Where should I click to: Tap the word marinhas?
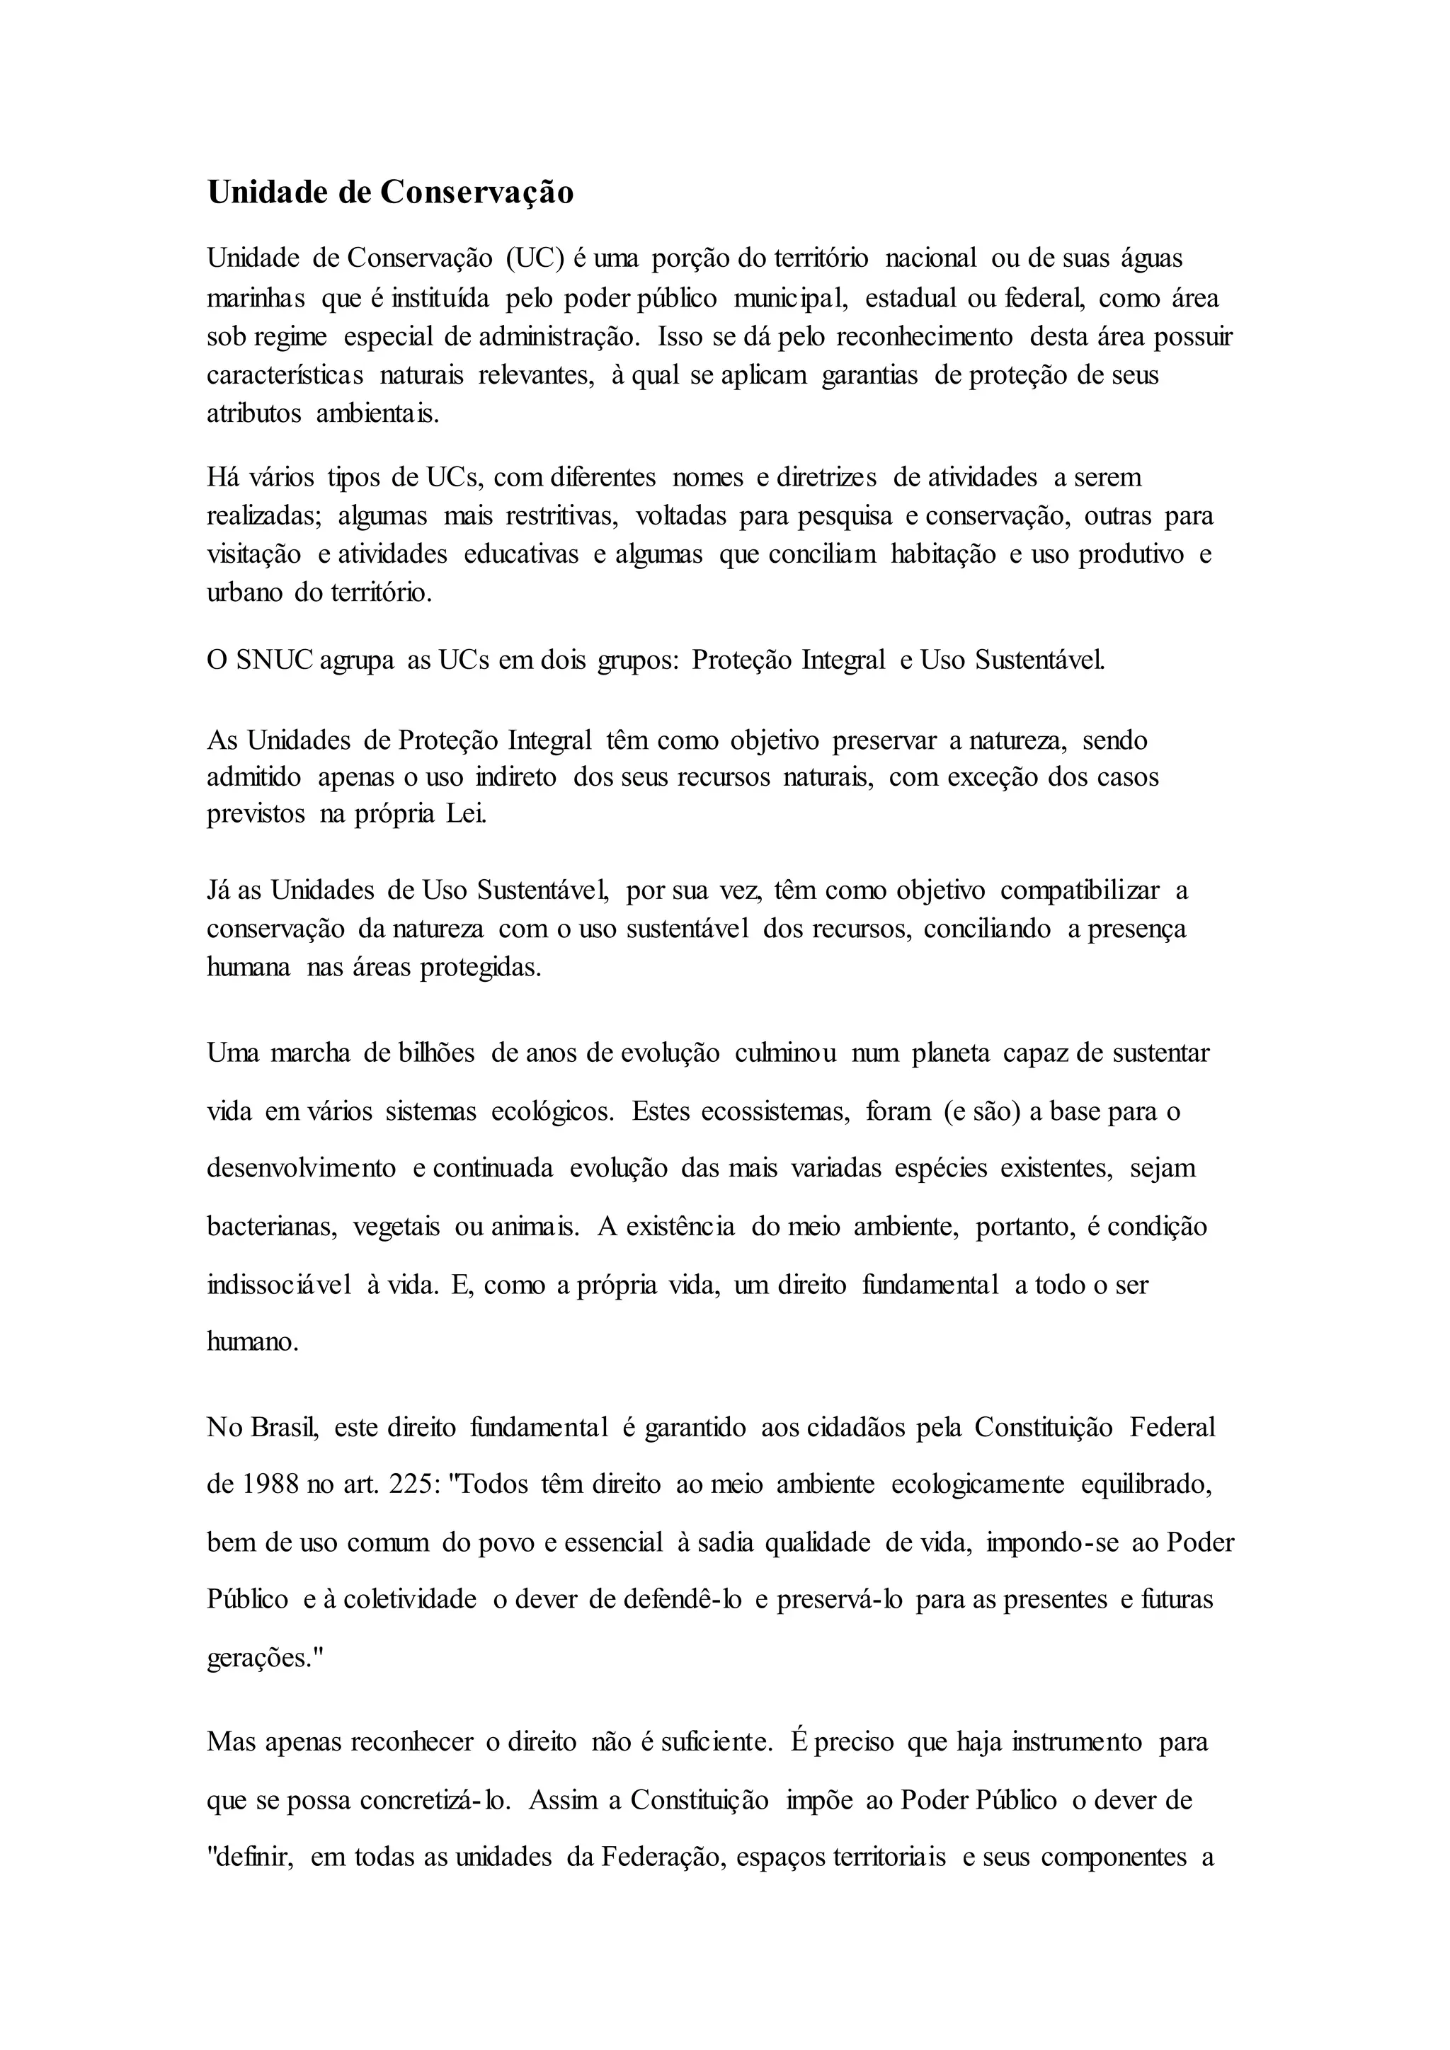(256, 298)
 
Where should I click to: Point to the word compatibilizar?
(1080, 891)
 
